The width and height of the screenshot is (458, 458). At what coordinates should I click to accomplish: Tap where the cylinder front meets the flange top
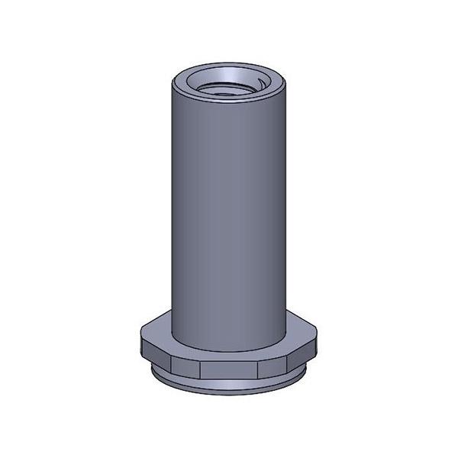click(228, 350)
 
